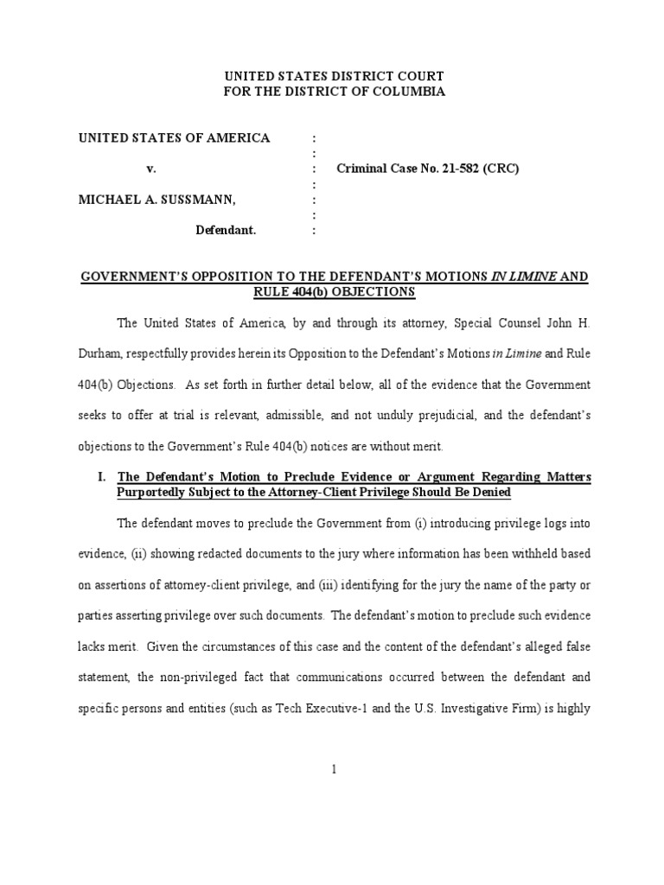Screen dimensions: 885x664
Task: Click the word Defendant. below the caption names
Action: pos(226,232)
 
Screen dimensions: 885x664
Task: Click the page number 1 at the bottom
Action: pos(333,773)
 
